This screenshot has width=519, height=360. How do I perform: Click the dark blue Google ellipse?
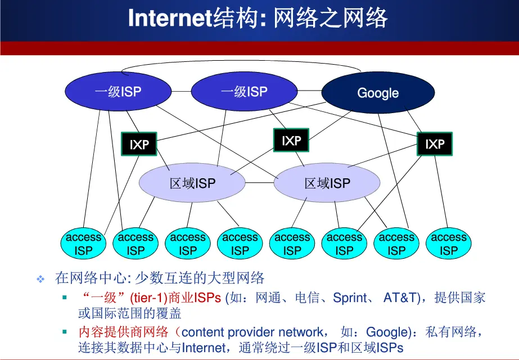(377, 93)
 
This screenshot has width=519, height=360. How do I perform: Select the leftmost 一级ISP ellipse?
(118, 92)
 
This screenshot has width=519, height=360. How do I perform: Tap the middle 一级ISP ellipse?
(244, 92)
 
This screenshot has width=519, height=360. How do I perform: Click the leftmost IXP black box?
(139, 145)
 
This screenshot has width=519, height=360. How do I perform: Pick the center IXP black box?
(291, 141)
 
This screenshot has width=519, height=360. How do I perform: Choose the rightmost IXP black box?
(435, 145)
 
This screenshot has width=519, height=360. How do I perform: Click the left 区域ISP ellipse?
(192, 183)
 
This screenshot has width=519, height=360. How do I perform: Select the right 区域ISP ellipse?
(327, 183)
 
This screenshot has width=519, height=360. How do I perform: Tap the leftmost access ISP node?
(83, 244)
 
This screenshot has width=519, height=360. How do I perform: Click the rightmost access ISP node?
(449, 244)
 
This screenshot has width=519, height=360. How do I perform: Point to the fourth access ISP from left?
(240, 244)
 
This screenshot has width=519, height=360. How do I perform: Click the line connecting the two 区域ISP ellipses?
(259, 183)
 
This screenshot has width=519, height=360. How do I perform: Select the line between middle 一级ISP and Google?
(309, 91)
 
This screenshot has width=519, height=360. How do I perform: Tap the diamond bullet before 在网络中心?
(40, 279)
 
